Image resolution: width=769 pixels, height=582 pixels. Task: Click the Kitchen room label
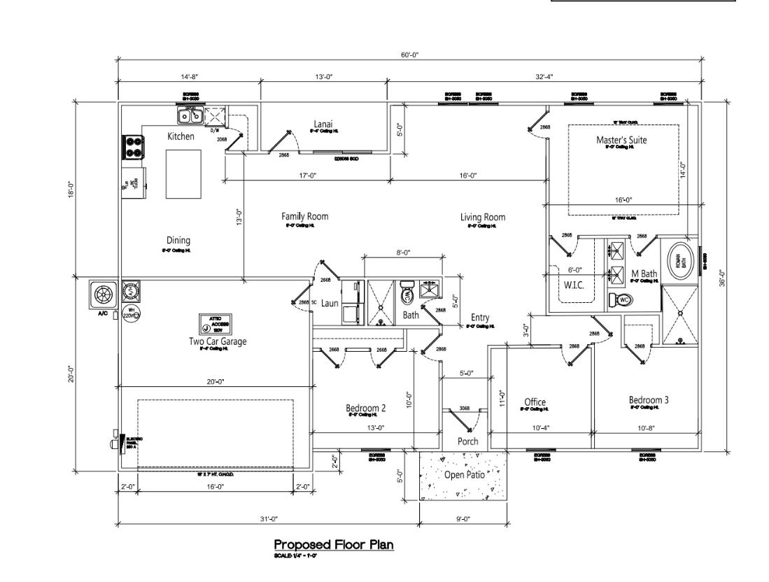(x=181, y=136)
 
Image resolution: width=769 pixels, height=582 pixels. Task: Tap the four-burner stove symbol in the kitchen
(x=133, y=146)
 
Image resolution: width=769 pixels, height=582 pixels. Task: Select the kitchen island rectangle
(x=183, y=174)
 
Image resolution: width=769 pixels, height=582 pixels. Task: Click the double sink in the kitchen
(x=190, y=115)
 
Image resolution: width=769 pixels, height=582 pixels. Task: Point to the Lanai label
(x=324, y=124)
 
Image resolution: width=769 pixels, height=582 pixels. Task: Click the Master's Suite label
(x=621, y=140)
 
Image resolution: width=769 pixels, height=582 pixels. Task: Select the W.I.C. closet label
(x=574, y=285)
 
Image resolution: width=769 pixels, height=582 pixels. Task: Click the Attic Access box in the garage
(x=216, y=324)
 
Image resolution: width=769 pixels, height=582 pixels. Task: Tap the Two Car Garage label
(x=218, y=341)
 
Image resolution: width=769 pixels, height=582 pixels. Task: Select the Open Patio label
(x=464, y=474)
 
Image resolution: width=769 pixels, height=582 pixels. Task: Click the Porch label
(x=467, y=441)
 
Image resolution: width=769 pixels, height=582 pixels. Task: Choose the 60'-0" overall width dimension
(x=410, y=55)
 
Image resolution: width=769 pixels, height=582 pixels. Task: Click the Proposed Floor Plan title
(x=334, y=544)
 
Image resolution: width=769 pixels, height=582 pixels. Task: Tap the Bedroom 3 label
(x=648, y=399)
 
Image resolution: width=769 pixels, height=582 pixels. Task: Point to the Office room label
(x=535, y=402)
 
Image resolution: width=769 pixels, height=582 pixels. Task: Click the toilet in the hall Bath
(x=408, y=296)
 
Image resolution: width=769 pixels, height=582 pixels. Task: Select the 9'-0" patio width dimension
(x=463, y=518)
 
